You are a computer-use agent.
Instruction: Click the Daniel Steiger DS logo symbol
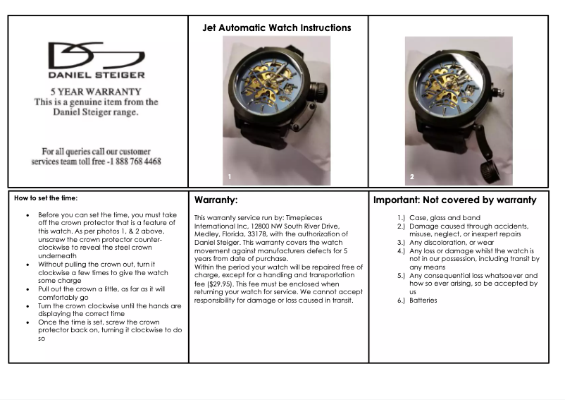(x=96, y=55)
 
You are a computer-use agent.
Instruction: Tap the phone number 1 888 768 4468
(x=137, y=162)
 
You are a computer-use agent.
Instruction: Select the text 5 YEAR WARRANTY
(x=96, y=91)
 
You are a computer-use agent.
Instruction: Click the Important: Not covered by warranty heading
(x=454, y=200)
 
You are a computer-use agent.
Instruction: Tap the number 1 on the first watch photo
(x=229, y=176)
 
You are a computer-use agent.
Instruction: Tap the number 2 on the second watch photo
(x=412, y=176)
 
